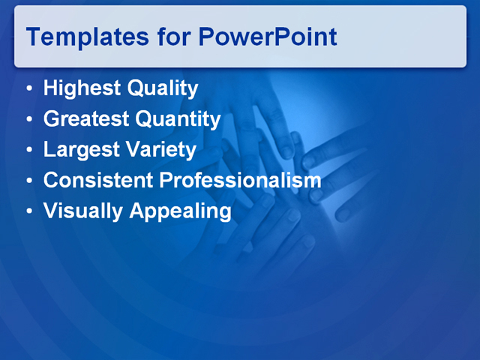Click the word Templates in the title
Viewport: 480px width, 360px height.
[x=82, y=37]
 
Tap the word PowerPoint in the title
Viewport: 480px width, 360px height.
[x=268, y=37]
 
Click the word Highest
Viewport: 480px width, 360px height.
[x=82, y=89]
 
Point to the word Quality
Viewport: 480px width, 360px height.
[x=163, y=89]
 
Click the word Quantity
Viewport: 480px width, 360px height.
[x=178, y=119]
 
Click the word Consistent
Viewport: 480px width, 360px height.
[x=98, y=181]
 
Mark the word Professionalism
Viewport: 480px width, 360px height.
[x=241, y=181]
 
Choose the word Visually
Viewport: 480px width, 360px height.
[x=82, y=211]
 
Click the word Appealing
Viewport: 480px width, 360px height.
[x=180, y=211]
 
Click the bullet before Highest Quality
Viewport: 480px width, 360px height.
[x=28, y=90]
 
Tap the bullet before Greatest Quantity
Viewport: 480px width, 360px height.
[x=28, y=120]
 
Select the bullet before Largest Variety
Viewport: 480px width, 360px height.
[x=28, y=151]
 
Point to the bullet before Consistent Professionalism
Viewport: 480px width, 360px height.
[x=28, y=181]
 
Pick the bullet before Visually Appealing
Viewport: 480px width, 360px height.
[x=28, y=212]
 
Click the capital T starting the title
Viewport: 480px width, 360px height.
[x=34, y=36]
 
